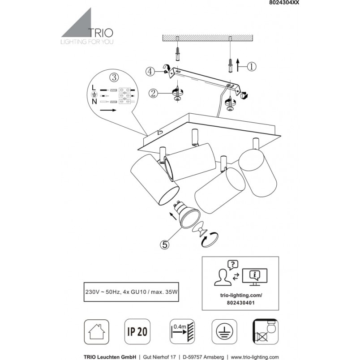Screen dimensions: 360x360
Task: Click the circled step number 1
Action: click(x=251, y=67)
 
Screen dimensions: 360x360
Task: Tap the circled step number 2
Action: click(x=154, y=93)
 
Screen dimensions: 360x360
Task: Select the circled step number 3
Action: click(x=114, y=77)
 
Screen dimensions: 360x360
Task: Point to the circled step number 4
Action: click(x=150, y=71)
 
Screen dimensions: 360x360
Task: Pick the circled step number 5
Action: click(x=165, y=244)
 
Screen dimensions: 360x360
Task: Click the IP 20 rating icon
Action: click(x=137, y=331)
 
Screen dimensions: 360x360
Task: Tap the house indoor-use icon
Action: click(x=96, y=332)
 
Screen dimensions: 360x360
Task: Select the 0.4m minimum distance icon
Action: click(x=182, y=331)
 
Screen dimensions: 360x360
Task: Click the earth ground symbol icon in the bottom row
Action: click(x=224, y=331)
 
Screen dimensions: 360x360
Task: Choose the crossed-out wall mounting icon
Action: click(x=266, y=331)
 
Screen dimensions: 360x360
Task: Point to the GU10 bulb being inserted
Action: click(x=186, y=214)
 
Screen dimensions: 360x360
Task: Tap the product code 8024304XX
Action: click(x=284, y=3)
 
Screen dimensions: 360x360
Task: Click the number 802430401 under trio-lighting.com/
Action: click(x=240, y=303)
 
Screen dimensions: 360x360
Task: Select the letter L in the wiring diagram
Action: click(x=94, y=87)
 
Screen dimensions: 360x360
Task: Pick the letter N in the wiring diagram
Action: click(x=94, y=101)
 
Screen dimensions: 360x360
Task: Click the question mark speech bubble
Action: click(x=233, y=265)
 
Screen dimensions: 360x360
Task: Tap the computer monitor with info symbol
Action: click(x=255, y=277)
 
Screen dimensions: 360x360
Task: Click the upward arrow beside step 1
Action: click(x=238, y=65)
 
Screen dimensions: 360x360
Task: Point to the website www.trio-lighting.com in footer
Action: click(x=255, y=357)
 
